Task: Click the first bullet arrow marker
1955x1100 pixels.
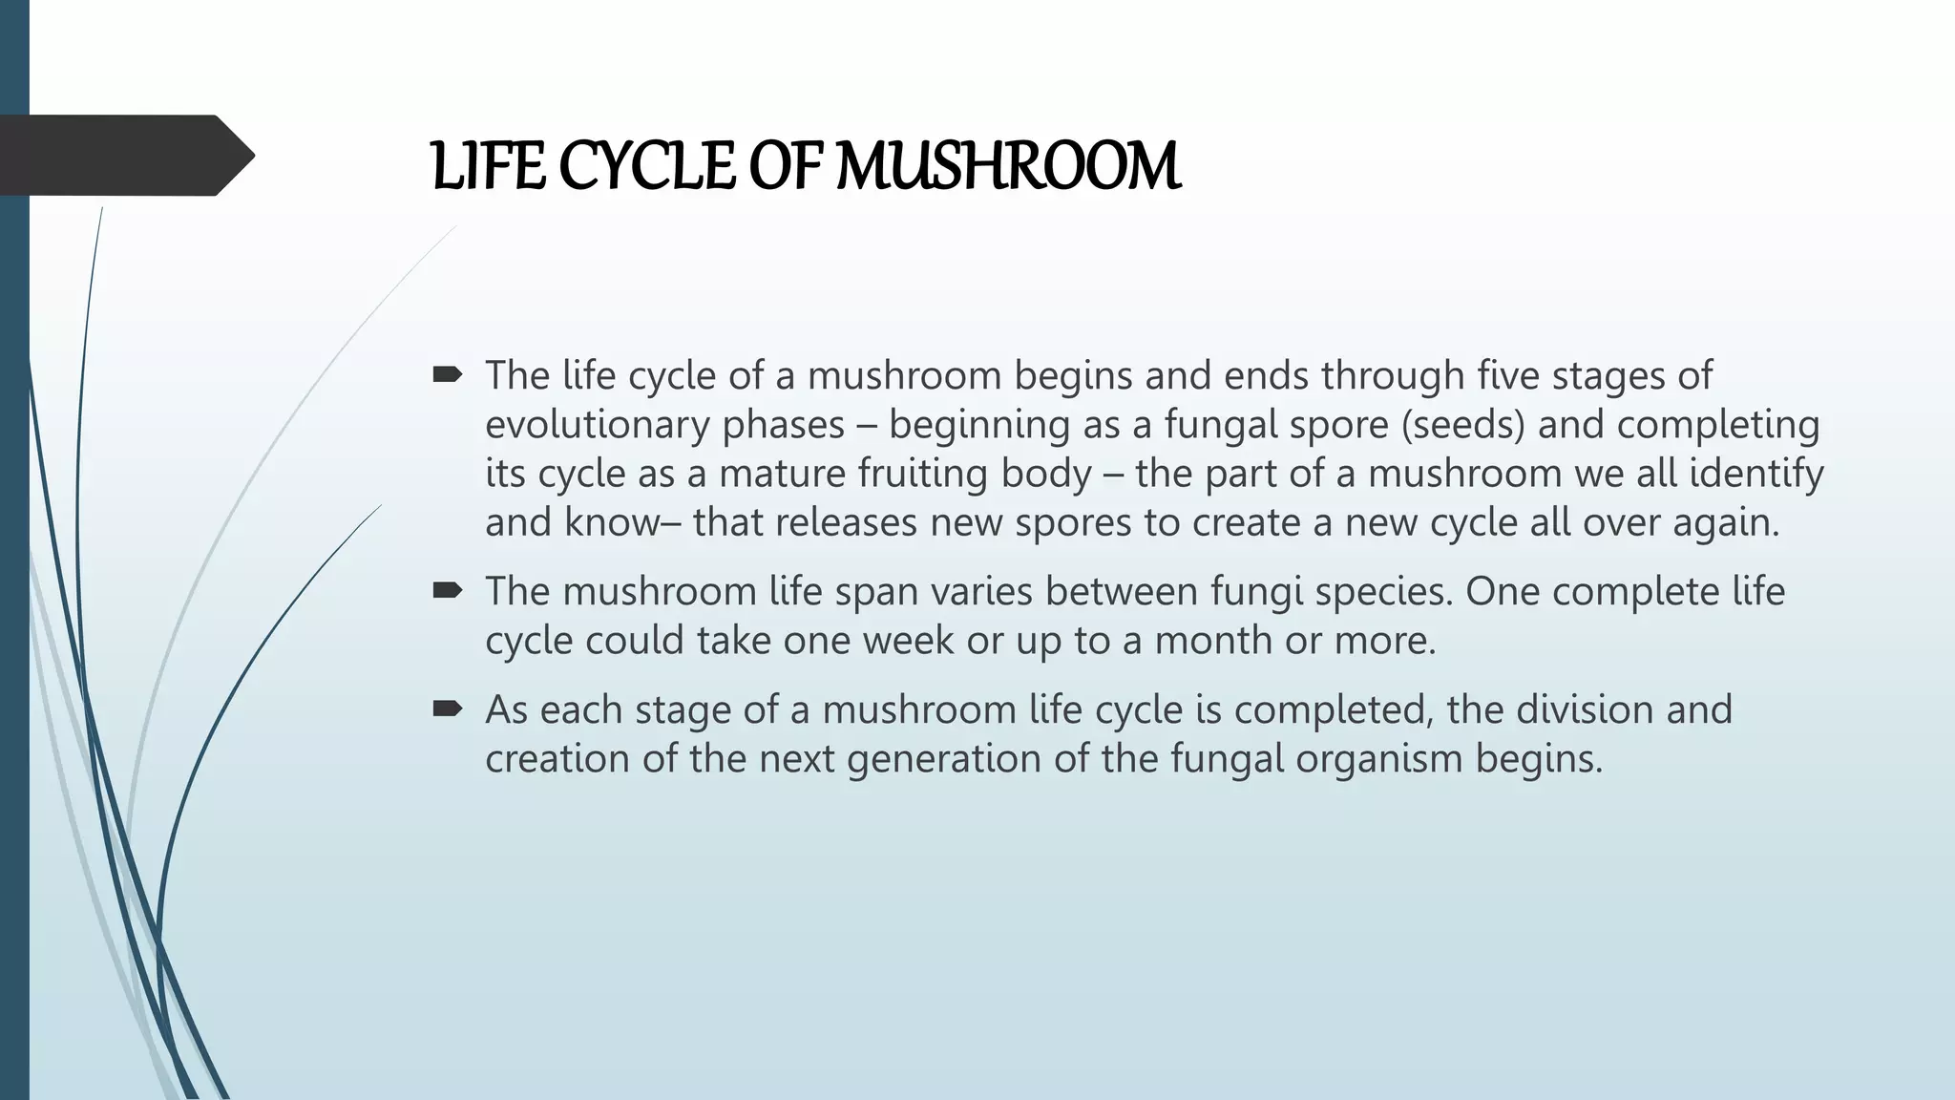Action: pos(447,375)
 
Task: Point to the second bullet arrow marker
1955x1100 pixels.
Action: pos(447,591)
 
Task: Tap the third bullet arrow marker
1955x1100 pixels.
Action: pos(447,709)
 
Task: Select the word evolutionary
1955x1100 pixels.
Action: pos(598,425)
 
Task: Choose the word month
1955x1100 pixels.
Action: pos(1213,641)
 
